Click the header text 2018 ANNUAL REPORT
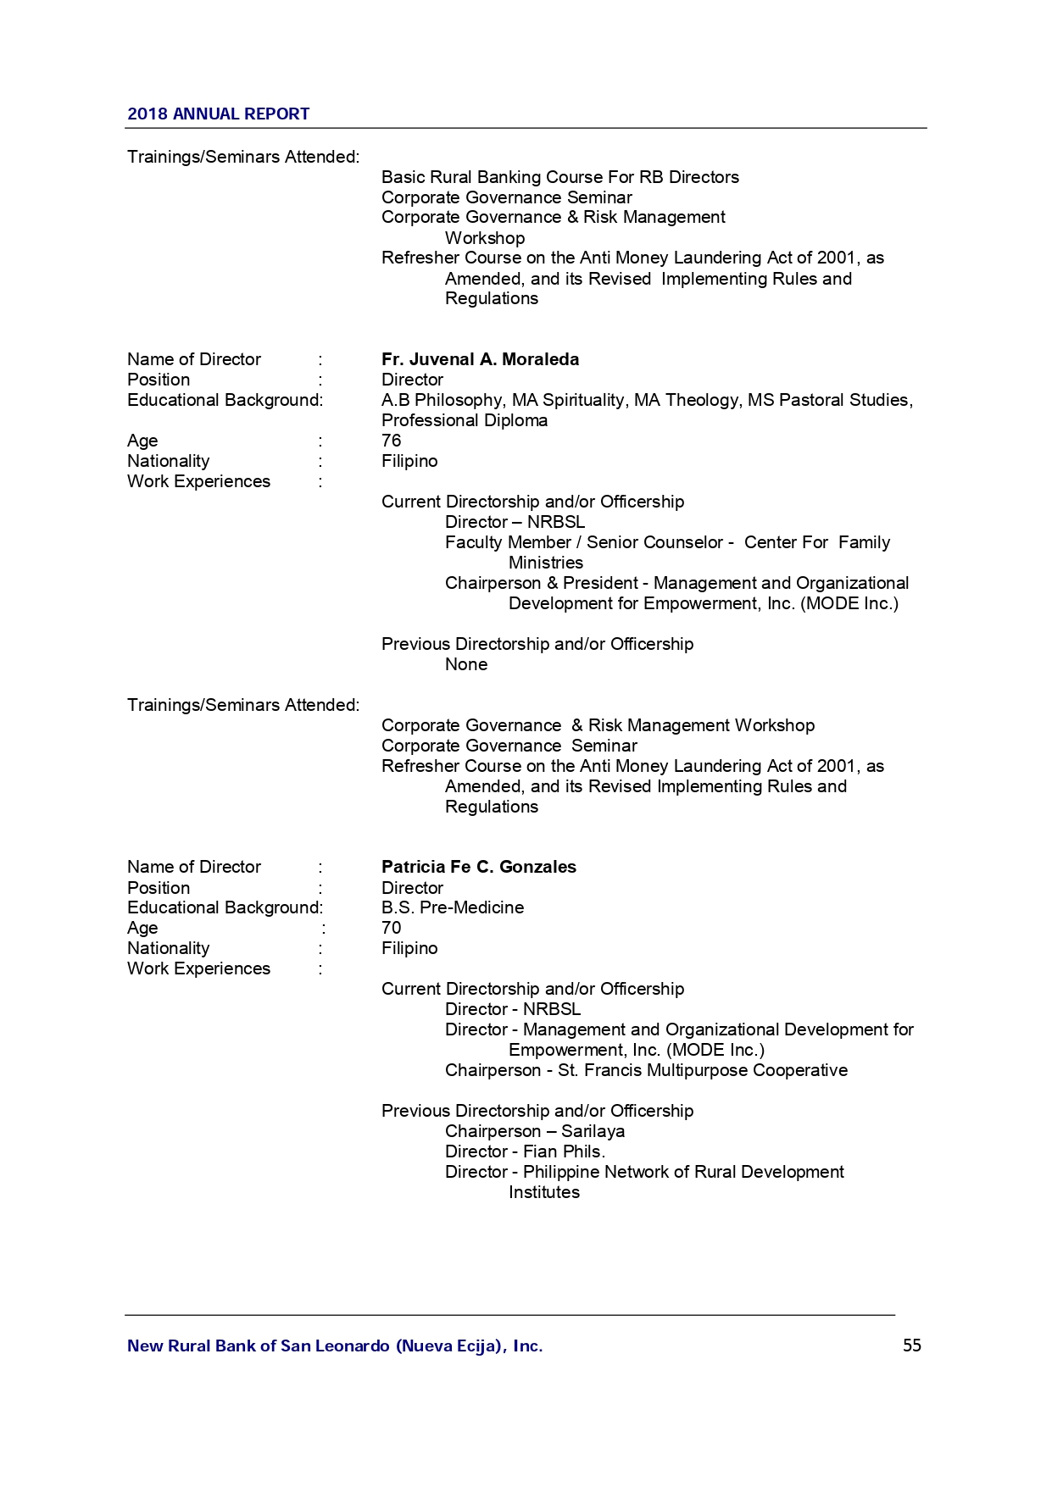point(218,114)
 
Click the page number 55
point(911,1346)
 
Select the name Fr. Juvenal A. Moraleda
point(480,359)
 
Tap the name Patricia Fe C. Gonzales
point(478,867)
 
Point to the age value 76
point(391,441)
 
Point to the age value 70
point(391,928)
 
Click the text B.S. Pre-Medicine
point(452,907)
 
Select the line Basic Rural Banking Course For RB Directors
point(559,177)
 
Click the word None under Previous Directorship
point(465,664)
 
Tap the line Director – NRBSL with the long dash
point(515,522)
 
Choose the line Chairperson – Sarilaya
point(534,1131)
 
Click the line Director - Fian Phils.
point(525,1151)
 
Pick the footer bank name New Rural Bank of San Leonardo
point(334,1346)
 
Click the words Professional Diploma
point(464,420)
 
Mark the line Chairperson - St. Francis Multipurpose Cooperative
point(646,1070)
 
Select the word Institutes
point(543,1192)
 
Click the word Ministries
point(545,563)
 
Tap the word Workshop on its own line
point(484,238)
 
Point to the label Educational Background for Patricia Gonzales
point(225,907)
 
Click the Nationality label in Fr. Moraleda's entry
point(168,461)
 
